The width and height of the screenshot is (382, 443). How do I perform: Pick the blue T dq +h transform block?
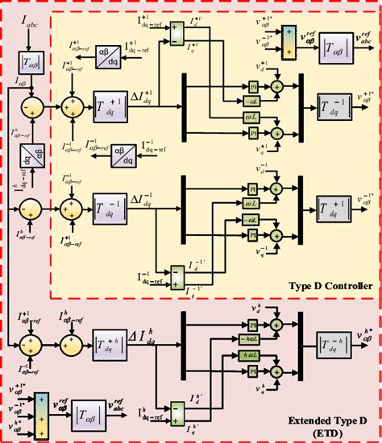click(111, 341)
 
